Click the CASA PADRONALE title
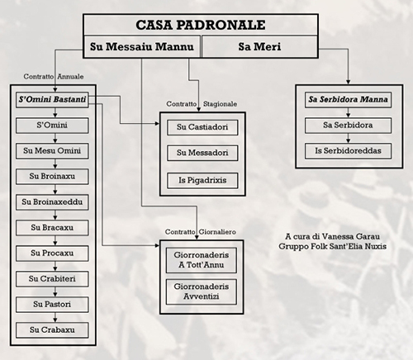(x=201, y=25)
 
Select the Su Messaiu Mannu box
(x=142, y=46)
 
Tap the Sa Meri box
(x=259, y=46)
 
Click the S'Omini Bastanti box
(x=52, y=100)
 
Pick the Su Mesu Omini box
(x=52, y=151)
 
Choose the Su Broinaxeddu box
(x=52, y=202)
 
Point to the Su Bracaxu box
(x=52, y=228)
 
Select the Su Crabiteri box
(x=52, y=279)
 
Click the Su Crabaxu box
(x=52, y=330)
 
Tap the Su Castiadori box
(x=202, y=127)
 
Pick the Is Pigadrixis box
(x=202, y=181)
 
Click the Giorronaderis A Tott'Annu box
(x=202, y=260)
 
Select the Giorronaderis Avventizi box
(x=202, y=291)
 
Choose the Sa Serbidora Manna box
(x=348, y=100)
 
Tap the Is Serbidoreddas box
(x=348, y=151)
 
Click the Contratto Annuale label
(x=54, y=77)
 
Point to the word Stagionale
(x=220, y=104)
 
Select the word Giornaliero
(x=217, y=232)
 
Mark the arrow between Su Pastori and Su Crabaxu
(x=55, y=317)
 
